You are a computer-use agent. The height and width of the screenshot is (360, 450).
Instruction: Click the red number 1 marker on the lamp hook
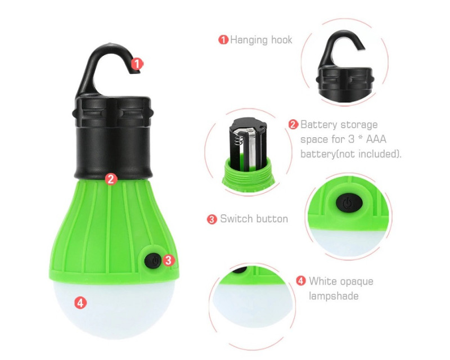[137, 64]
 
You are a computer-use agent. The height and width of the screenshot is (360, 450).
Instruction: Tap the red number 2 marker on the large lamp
[111, 179]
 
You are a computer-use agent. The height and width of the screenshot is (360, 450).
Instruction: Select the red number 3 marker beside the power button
[168, 260]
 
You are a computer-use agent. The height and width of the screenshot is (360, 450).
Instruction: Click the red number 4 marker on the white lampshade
[80, 303]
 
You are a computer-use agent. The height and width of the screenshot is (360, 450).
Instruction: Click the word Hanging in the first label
[249, 40]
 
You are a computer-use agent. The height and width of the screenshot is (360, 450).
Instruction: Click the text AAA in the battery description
[376, 139]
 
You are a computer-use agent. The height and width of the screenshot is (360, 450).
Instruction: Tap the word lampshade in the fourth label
[334, 296]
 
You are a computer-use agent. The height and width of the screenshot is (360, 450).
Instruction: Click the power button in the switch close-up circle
[349, 203]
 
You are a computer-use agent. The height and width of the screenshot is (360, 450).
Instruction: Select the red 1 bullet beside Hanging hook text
[223, 39]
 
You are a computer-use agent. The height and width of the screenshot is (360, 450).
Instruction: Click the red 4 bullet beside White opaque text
[301, 281]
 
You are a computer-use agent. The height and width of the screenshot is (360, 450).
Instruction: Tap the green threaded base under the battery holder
[248, 175]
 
